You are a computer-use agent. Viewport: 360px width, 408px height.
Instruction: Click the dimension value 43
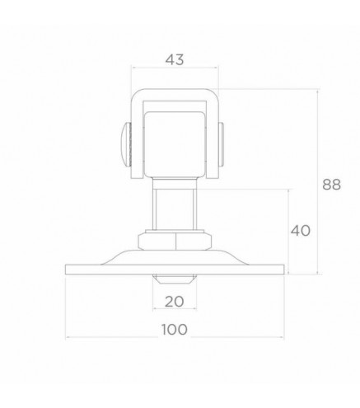click(175, 59)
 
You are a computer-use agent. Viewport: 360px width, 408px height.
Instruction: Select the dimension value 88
click(331, 185)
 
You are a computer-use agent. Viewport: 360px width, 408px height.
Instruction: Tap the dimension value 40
click(301, 231)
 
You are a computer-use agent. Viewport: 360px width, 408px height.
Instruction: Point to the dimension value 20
click(175, 302)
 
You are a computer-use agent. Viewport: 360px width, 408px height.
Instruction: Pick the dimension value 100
click(175, 329)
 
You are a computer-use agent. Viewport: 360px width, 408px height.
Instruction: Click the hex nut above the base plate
click(175, 242)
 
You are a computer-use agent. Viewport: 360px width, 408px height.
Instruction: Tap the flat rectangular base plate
click(175, 270)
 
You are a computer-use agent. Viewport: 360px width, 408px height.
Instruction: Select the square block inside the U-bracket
click(175, 144)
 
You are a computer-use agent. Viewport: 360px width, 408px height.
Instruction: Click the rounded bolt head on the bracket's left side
click(125, 144)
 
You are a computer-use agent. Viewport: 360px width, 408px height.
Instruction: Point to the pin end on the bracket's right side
click(222, 144)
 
